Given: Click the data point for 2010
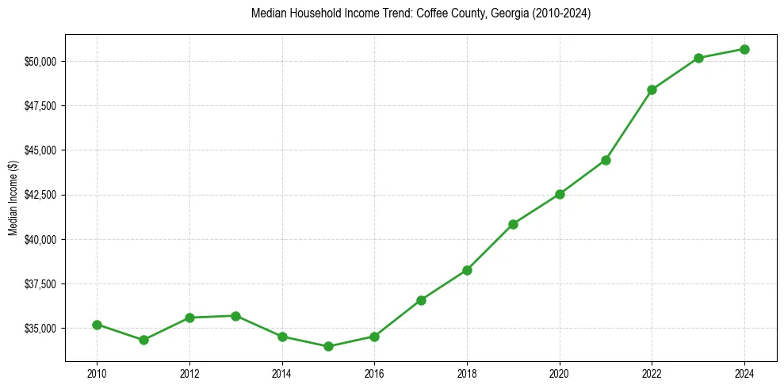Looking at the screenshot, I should [97, 325].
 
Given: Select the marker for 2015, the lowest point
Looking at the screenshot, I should [328, 346].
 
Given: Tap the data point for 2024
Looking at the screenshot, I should [744, 49].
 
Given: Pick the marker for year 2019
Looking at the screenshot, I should [513, 224].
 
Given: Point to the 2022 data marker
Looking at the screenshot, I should [652, 89].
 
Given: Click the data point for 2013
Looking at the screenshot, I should [235, 316].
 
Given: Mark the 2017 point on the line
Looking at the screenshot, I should [421, 300].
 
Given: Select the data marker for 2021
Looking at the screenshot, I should [606, 160].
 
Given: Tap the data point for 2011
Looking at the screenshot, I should [143, 340].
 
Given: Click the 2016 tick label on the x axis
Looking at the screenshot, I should [374, 372].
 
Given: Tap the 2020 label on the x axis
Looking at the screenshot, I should [560, 372].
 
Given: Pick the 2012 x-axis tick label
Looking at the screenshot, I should [189, 372].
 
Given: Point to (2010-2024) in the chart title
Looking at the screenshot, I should [555, 13].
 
